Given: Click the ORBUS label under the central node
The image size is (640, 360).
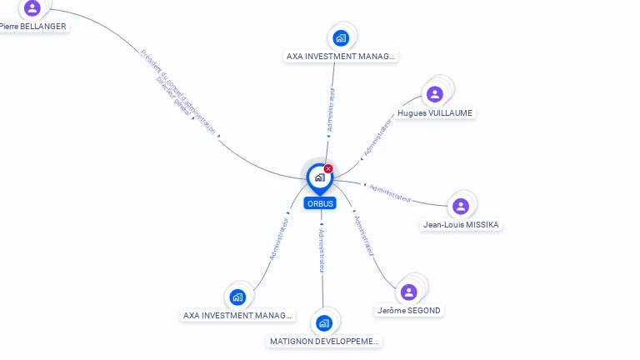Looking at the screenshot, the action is coord(320,203).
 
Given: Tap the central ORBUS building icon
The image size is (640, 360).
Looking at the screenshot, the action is coord(319,177).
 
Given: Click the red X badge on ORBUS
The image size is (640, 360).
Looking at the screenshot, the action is coord(328,169).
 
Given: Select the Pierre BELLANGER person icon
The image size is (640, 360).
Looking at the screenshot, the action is coord(32,7).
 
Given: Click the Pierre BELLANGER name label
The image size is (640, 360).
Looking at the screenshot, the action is coord(33,26).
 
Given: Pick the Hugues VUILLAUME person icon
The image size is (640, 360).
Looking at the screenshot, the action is coord(434,94).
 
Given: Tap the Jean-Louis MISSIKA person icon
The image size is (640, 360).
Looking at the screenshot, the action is coord(461,206).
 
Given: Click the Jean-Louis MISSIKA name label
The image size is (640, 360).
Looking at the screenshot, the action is coord(462,224).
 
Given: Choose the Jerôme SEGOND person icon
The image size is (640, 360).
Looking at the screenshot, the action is coord(408,292).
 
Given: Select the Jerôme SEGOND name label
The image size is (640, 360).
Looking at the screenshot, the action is coord(409,310).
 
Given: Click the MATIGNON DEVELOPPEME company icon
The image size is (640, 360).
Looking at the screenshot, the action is coord(324,322).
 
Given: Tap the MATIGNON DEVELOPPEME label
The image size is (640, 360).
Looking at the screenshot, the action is coord(325,341).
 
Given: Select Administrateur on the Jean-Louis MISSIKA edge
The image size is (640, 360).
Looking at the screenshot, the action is coord(390,192).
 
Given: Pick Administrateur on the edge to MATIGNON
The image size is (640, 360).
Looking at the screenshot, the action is coord(322,251).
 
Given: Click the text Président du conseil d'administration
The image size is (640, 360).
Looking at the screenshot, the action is coord(178,91).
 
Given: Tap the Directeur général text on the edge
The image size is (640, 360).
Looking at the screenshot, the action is coord(173,98).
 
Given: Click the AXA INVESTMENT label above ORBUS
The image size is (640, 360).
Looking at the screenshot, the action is coord(341,57).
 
